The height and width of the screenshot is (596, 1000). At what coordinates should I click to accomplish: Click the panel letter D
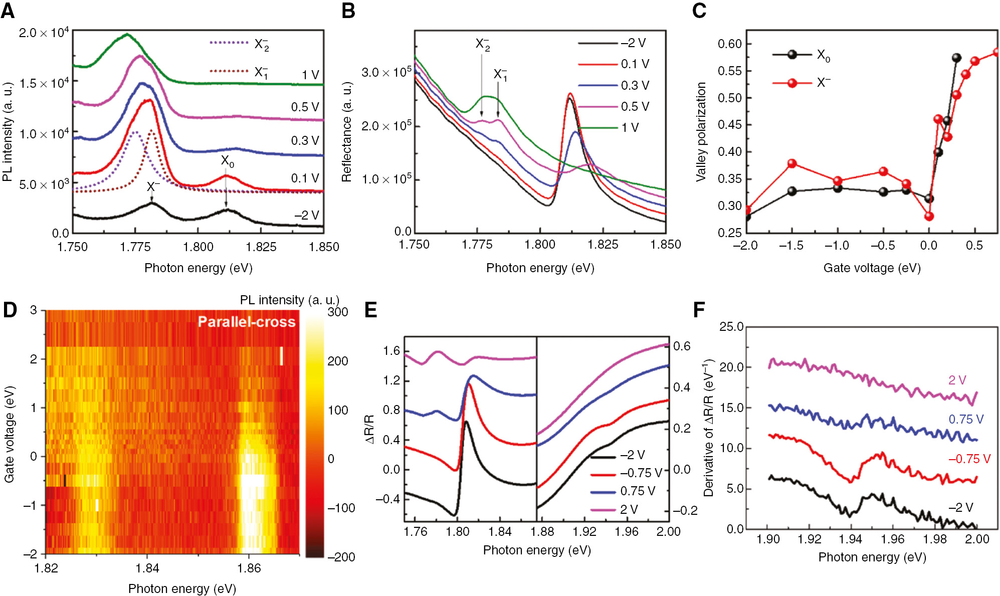point(10,310)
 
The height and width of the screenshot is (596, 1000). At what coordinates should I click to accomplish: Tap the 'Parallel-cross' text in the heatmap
point(246,322)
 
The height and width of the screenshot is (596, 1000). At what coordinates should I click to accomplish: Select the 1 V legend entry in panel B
point(630,128)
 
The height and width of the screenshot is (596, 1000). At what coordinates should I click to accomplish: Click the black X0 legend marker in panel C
point(792,55)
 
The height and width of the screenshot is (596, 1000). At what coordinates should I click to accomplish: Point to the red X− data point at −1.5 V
point(792,164)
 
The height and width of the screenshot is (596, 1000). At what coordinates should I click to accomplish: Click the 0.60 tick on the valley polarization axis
point(729,44)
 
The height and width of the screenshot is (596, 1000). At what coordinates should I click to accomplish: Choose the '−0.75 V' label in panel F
point(969,459)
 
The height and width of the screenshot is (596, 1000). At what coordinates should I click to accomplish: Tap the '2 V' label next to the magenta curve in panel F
point(957,380)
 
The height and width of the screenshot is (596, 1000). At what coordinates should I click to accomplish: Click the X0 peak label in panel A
point(228,161)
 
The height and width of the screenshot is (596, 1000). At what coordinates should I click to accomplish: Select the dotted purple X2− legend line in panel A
point(229,43)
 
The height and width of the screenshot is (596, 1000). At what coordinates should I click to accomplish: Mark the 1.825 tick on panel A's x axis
point(261,247)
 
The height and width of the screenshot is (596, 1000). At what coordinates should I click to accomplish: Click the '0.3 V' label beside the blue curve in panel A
point(305,141)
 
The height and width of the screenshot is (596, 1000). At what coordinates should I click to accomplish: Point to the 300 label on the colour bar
point(338,312)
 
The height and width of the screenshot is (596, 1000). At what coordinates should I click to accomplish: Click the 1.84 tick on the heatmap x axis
point(147,568)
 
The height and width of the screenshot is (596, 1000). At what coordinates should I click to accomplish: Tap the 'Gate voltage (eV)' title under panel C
point(872,268)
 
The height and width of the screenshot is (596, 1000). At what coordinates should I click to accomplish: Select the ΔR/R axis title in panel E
point(370,429)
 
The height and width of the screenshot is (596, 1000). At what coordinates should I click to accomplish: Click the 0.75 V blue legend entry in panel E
point(637,491)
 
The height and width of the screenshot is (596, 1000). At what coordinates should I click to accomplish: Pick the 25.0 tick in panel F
point(731,327)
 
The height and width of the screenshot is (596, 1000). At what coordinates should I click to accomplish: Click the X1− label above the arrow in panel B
point(500,75)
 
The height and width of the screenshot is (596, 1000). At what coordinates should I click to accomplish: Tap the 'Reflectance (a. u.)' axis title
point(347,131)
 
